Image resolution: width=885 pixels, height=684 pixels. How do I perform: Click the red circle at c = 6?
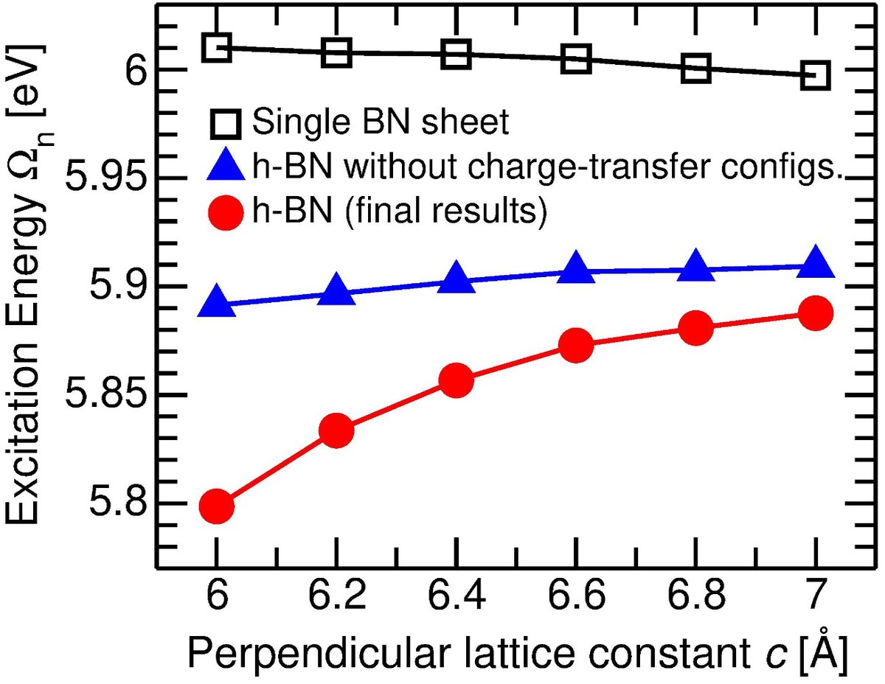[x=216, y=506]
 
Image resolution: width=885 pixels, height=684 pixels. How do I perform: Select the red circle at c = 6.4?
[x=456, y=380]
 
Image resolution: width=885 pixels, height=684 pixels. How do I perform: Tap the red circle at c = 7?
[x=815, y=313]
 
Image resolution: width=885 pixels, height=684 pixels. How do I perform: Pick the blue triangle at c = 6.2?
[x=336, y=291]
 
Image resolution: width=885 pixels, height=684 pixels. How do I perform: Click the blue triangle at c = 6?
[x=216, y=302]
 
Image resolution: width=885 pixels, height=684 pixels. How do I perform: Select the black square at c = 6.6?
[x=576, y=60]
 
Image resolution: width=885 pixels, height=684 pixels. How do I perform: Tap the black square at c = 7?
[x=815, y=74]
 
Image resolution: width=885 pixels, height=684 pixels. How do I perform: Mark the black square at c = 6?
[x=216, y=48]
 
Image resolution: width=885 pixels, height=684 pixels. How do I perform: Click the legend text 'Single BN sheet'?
[x=379, y=123]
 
